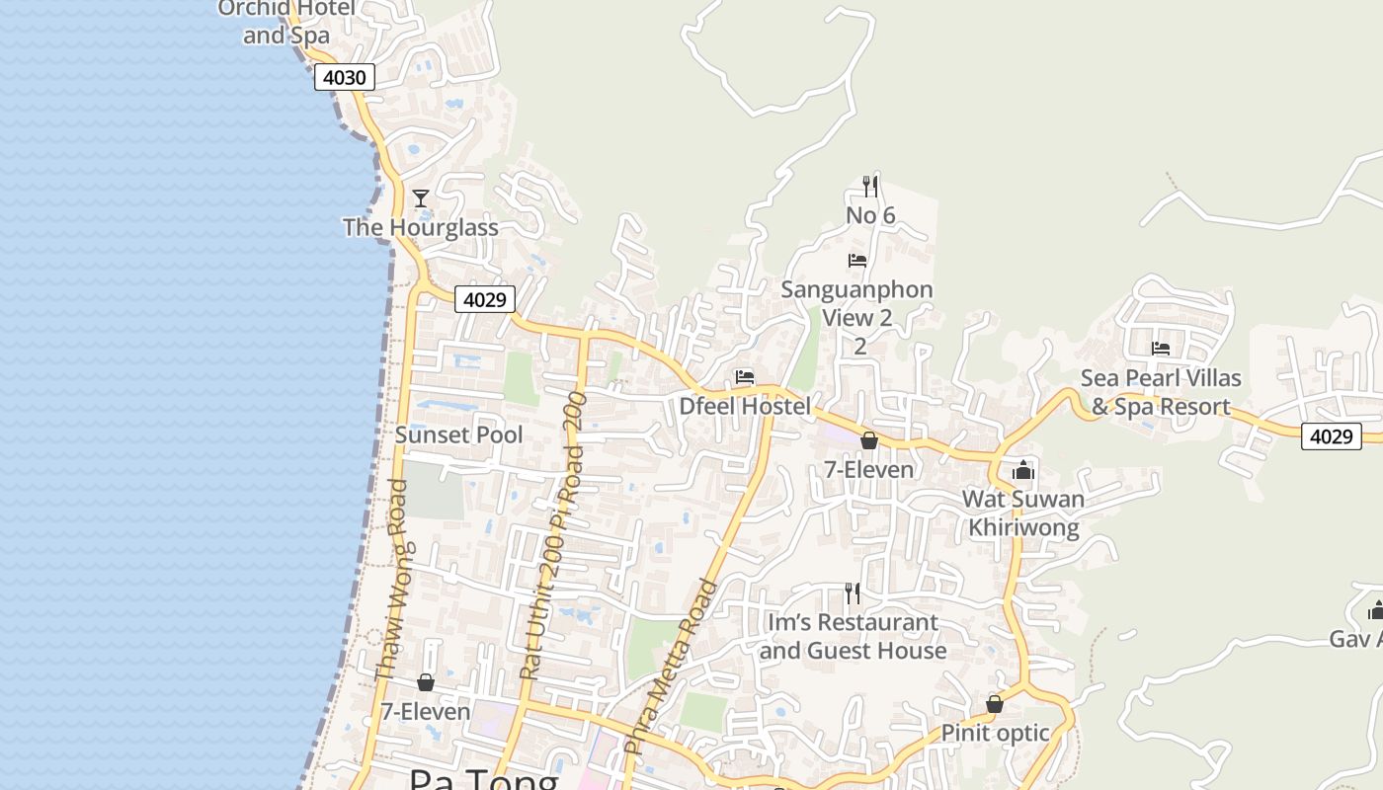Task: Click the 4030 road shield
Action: [x=345, y=77]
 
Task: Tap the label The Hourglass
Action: [x=420, y=227]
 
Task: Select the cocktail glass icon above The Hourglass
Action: [x=421, y=198]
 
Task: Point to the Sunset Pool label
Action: [x=459, y=434]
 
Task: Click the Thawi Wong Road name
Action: [x=392, y=581]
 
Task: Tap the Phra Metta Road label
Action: [x=672, y=668]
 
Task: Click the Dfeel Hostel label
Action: [x=745, y=406]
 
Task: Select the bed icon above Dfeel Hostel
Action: [x=745, y=377]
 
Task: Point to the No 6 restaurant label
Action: [x=870, y=215]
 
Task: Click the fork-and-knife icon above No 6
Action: [x=870, y=186]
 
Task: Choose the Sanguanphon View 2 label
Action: [x=857, y=303]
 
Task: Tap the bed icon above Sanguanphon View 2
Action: [x=857, y=261]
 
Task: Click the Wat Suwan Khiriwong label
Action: [x=1023, y=513]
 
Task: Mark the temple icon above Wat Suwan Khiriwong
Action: [x=1023, y=470]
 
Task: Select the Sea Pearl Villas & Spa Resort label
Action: [x=1161, y=392]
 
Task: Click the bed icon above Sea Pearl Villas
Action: [x=1161, y=349]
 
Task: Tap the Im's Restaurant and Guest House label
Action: [x=853, y=636]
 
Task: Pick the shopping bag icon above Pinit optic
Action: [x=995, y=704]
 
